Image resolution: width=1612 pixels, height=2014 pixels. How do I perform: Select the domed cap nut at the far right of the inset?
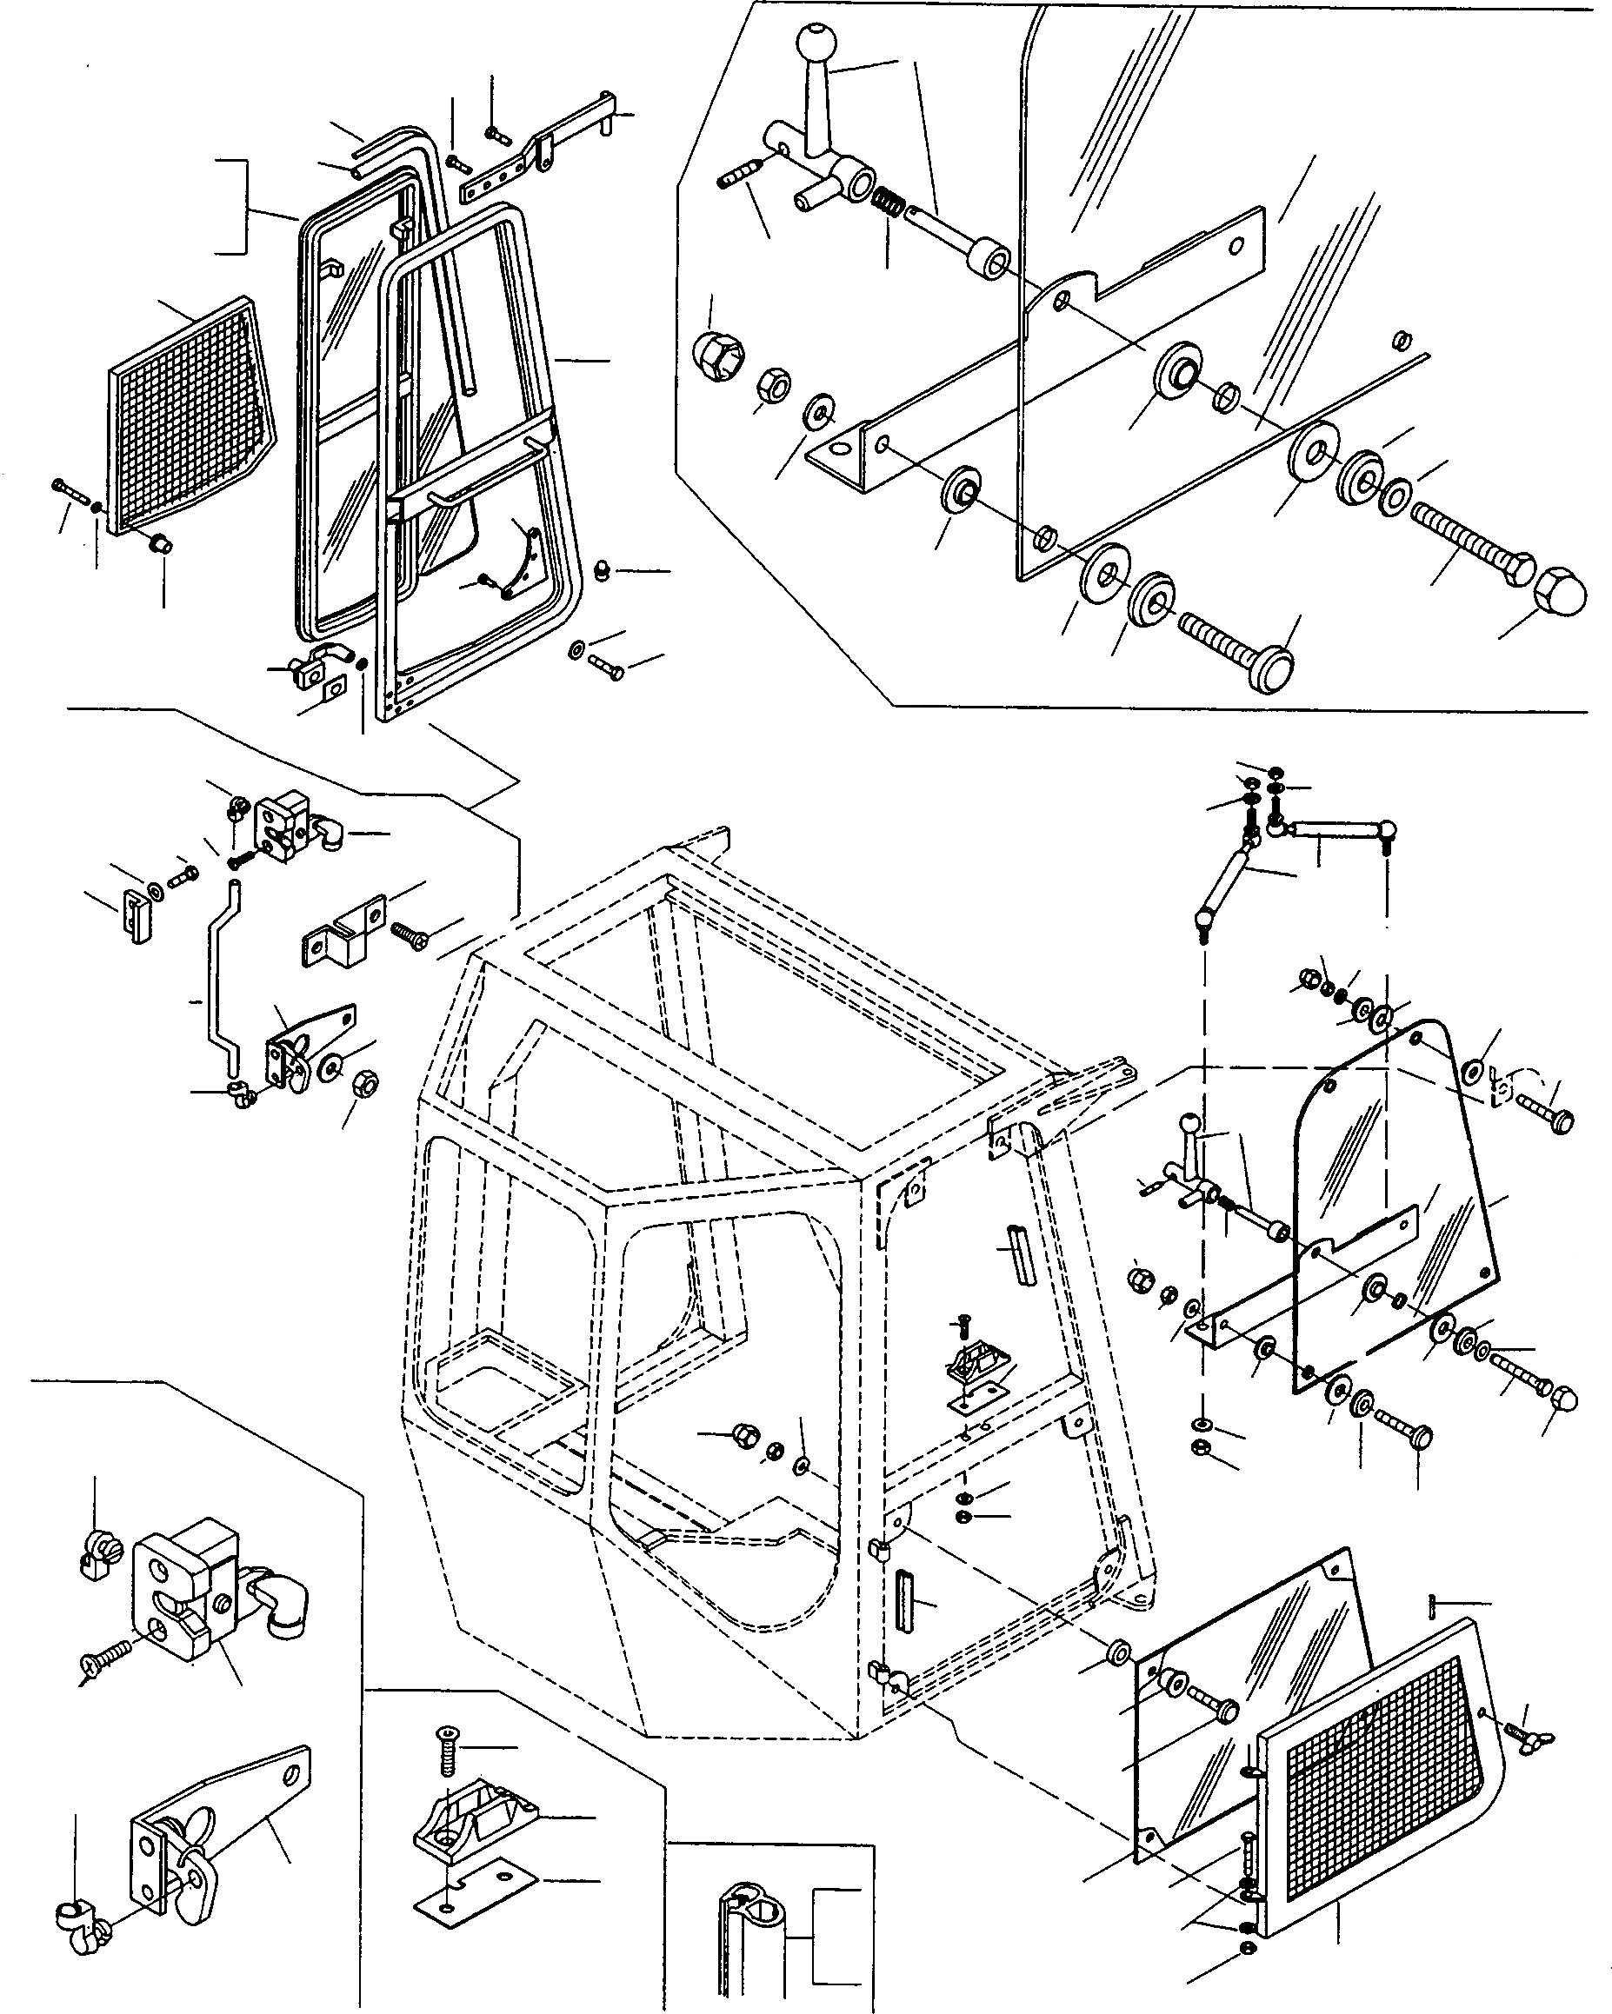click(x=1560, y=589)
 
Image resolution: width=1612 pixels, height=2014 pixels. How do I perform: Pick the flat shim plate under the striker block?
click(x=462, y=1896)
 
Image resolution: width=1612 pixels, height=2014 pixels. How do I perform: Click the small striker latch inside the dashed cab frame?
click(x=977, y=1377)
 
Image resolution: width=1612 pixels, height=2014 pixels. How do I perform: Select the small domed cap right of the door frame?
click(x=603, y=568)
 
